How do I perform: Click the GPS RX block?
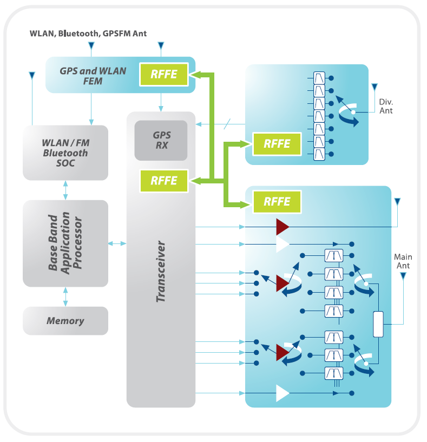(161, 140)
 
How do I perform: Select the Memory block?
(65, 321)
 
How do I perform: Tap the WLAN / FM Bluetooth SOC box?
(65, 153)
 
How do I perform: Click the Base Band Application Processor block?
(65, 243)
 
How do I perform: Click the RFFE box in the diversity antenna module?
(276, 143)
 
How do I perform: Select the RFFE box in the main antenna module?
(276, 201)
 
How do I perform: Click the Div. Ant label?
(386, 106)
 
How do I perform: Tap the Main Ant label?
(402, 261)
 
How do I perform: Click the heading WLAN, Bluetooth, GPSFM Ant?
(88, 34)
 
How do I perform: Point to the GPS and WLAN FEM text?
(93, 76)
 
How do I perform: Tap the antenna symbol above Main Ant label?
(403, 276)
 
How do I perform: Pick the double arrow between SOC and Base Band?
(65, 190)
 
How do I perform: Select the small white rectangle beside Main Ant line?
(378, 324)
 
